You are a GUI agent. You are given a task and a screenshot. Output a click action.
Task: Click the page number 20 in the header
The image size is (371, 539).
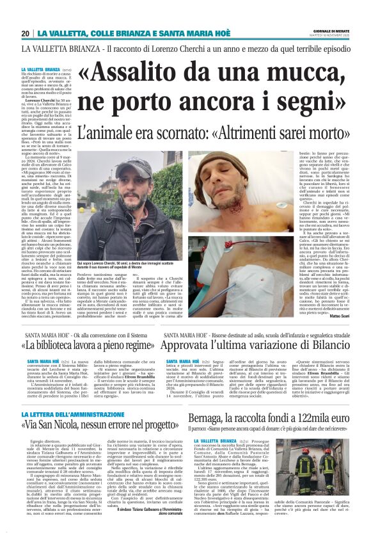[26, 33]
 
